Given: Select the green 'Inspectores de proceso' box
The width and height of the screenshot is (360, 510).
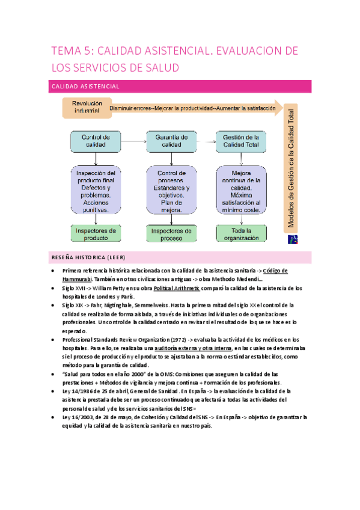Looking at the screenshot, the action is (171, 233).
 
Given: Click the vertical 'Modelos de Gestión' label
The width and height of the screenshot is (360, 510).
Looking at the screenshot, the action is (291, 168).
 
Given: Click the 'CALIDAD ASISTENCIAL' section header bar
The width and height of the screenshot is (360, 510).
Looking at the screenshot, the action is (180, 87).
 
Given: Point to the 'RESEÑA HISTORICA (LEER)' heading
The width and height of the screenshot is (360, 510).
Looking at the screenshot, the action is (87, 257).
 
